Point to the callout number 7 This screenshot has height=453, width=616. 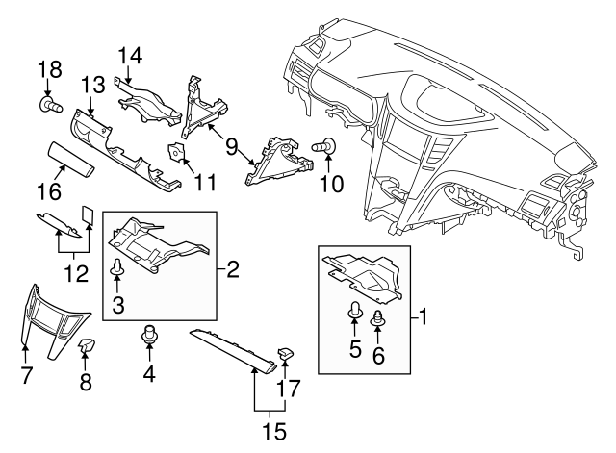26,372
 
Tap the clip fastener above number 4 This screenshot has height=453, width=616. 149,336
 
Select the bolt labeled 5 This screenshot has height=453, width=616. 355,312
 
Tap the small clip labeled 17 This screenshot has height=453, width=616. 286,354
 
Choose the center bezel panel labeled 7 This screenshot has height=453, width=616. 48,317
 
